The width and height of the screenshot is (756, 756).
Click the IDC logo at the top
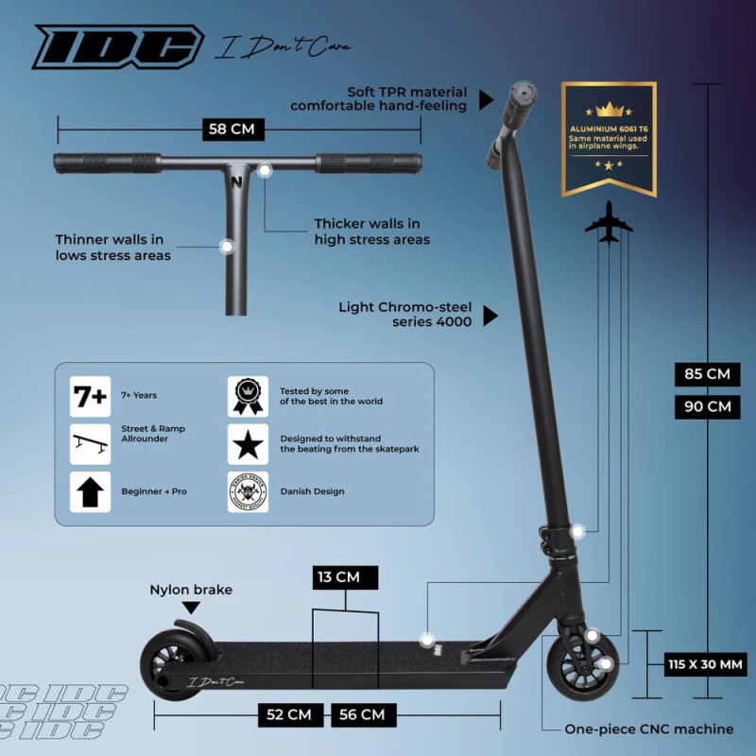click(118, 47)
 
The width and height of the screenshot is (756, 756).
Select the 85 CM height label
click(706, 374)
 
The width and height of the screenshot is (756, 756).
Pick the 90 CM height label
click(706, 407)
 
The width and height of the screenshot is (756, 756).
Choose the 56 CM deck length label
click(363, 714)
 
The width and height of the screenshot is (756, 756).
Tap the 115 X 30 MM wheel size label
click(706, 664)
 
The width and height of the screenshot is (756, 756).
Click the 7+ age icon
click(91, 397)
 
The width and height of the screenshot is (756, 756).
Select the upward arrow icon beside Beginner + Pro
click(91, 491)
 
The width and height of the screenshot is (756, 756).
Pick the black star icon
click(248, 444)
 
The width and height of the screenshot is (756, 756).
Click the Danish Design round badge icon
click(248, 491)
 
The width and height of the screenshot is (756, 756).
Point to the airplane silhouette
click(609, 222)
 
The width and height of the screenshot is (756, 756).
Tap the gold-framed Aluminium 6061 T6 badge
click(609, 138)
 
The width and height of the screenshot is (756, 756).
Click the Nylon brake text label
click(191, 590)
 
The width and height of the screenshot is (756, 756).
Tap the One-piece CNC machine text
click(648, 729)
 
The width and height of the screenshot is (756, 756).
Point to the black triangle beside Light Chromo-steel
click(490, 315)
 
